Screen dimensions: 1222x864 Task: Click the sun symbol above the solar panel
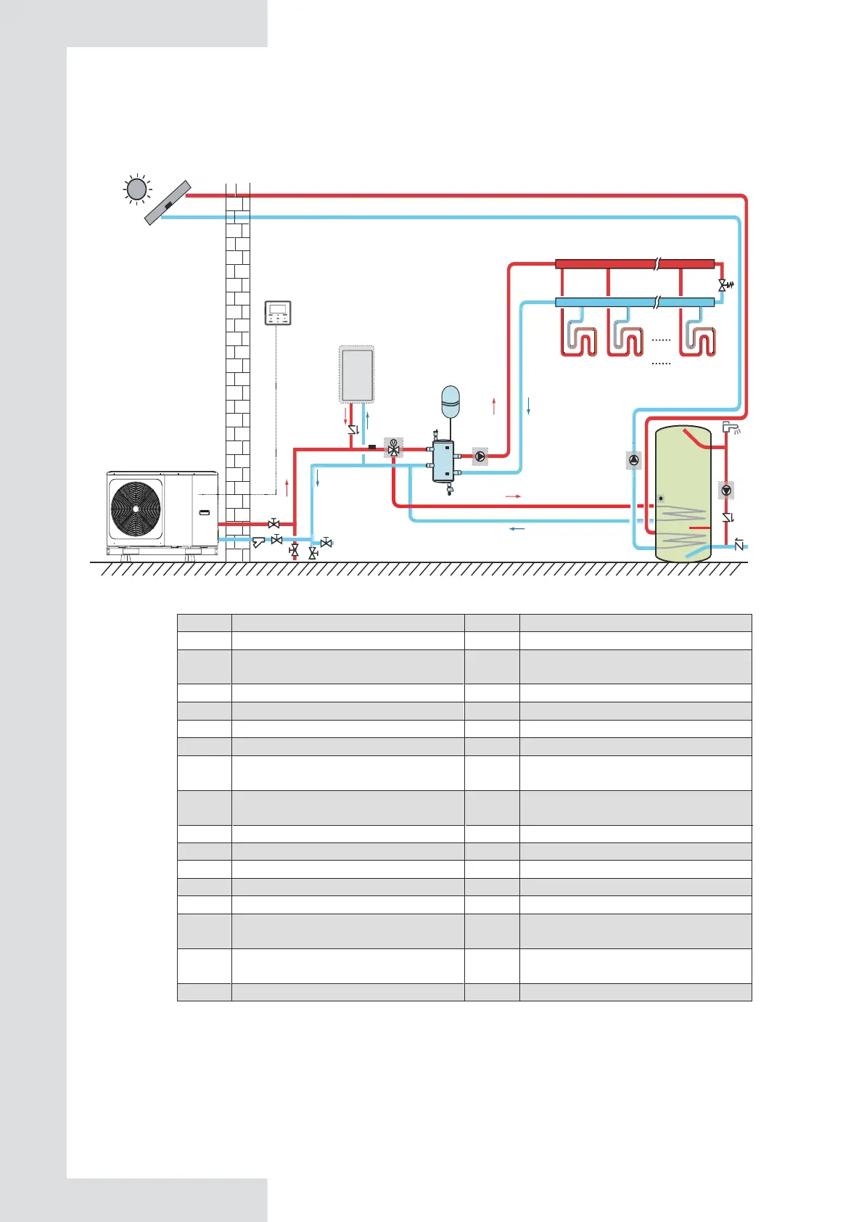pyautogui.click(x=136, y=189)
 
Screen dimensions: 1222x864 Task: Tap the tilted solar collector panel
pyautogui.click(x=168, y=203)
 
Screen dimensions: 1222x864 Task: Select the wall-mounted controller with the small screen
pyautogui.click(x=278, y=313)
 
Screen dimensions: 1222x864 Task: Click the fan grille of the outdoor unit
pyautogui.click(x=136, y=508)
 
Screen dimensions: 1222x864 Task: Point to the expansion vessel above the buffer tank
pyautogui.click(x=450, y=401)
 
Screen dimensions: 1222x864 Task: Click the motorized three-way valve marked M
pyautogui.click(x=393, y=448)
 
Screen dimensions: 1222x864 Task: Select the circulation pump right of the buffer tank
pyautogui.click(x=480, y=456)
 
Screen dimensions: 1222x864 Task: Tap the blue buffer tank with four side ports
pyautogui.click(x=443, y=462)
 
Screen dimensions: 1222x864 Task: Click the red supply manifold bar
pyautogui.click(x=635, y=264)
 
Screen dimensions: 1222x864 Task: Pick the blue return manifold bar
pyautogui.click(x=635, y=302)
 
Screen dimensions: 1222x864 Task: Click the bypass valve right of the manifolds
pyautogui.click(x=723, y=285)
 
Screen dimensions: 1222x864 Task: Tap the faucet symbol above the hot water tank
pyautogui.click(x=731, y=427)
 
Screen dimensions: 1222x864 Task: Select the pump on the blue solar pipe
pyautogui.click(x=634, y=459)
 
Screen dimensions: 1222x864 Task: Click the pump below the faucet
pyautogui.click(x=726, y=491)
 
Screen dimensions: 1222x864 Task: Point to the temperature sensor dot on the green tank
pyautogui.click(x=661, y=499)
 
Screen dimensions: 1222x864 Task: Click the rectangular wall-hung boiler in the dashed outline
pyautogui.click(x=357, y=374)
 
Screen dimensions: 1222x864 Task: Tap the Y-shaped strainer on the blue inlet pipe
pyautogui.click(x=258, y=541)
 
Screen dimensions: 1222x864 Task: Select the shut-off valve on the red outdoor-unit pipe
pyautogui.click(x=273, y=523)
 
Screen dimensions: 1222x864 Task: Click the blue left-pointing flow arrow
pyautogui.click(x=517, y=529)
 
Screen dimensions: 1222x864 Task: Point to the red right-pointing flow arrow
pyautogui.click(x=513, y=496)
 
